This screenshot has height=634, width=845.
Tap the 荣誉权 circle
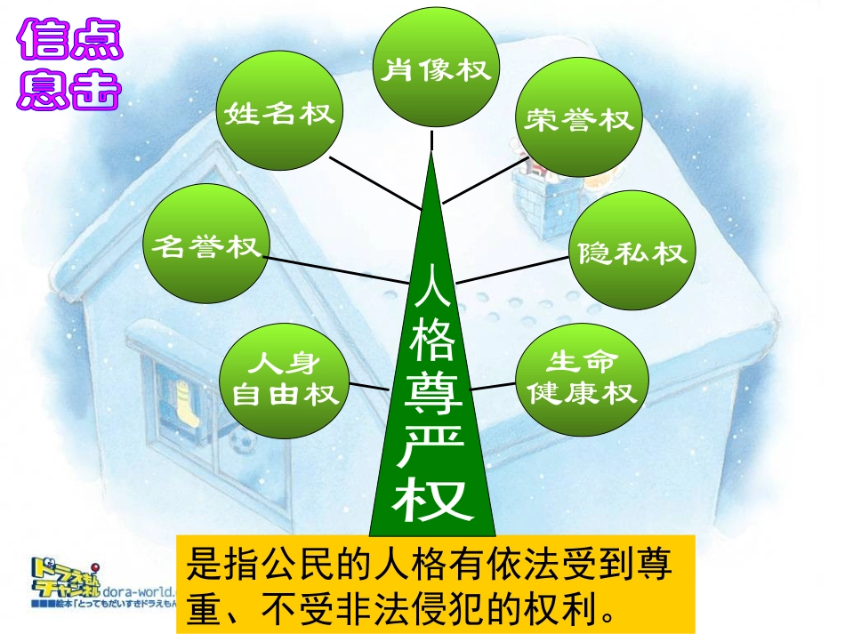[577, 120]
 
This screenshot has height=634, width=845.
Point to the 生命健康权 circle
[580, 377]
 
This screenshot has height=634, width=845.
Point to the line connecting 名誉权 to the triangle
[334, 270]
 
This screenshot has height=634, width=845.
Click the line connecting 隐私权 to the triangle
[511, 269]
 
